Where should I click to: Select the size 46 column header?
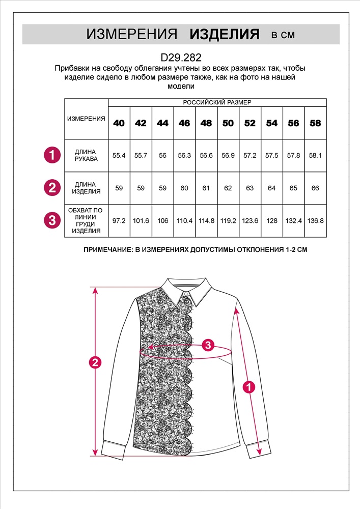coord(184,123)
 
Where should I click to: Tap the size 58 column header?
coord(315,123)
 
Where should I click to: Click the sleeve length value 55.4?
coord(119,156)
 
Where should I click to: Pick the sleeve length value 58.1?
coord(315,156)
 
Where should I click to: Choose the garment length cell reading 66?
coord(315,188)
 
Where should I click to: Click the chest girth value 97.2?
coord(119,220)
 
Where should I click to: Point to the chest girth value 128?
coord(272,220)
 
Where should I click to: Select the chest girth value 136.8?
coord(315,220)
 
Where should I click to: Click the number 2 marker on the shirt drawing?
coord(94,363)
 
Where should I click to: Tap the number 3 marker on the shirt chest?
coord(207,345)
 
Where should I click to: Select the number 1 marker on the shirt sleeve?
coord(249,387)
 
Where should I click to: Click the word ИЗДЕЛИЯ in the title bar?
coord(225,35)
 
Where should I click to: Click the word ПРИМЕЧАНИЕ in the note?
coord(108,250)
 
